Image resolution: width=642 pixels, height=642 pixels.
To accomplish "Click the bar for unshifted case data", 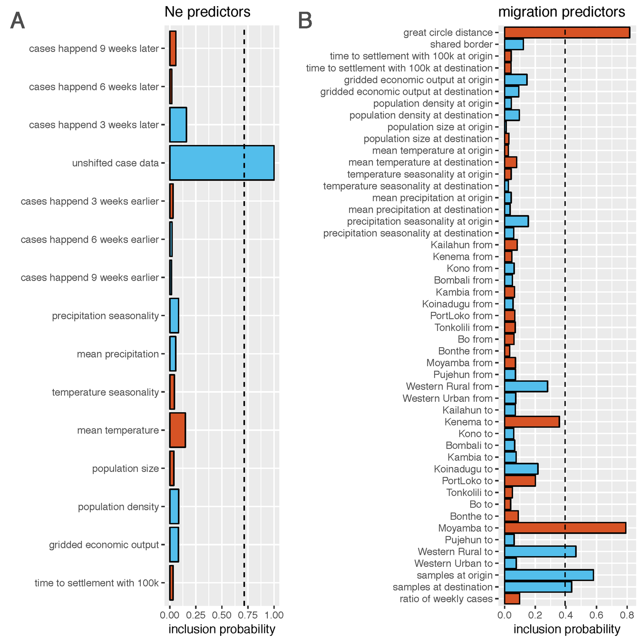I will point(222,163).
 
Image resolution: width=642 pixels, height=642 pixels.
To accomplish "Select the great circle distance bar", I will point(566,32).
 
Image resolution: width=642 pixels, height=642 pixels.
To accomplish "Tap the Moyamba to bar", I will point(564,528).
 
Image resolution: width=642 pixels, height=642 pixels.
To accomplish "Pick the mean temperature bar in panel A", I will point(177,430).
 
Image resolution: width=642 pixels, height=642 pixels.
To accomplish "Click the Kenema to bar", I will point(532,422).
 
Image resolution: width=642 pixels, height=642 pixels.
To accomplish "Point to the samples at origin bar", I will point(548,575).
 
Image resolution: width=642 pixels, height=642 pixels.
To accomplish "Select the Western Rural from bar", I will point(525,386).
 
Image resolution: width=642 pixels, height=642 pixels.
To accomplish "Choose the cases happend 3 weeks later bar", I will point(178,125).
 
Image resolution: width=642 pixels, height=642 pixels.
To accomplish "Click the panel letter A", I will point(18,21).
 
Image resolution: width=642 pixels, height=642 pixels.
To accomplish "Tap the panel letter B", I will point(305,21).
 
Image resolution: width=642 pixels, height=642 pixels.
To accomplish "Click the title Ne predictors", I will point(207,12).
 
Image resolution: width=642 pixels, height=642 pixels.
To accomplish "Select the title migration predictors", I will point(561,12).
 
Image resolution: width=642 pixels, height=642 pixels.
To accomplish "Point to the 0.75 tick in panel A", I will point(248,615).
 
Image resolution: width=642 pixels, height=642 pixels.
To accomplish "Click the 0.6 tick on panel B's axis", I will point(596,615).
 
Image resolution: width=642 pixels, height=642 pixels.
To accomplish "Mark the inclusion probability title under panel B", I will point(567,629).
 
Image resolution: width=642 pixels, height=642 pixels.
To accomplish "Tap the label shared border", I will point(461,44).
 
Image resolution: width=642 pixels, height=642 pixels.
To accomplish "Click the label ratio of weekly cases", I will point(446,599).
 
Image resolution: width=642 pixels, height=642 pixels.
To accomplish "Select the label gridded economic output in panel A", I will point(104,545).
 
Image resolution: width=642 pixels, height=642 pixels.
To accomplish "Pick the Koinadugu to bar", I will point(521,469).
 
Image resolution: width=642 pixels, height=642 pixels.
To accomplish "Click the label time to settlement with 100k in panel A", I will point(97,583).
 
